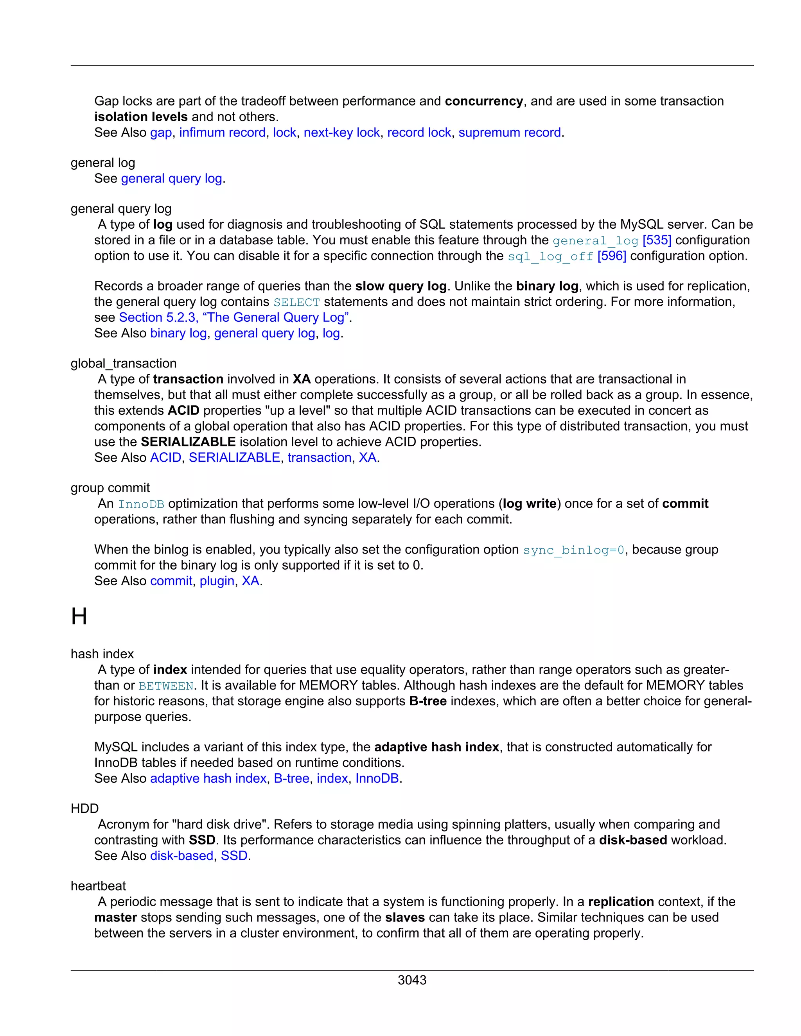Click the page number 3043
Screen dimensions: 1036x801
tap(412, 980)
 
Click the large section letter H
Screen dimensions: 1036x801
tap(79, 617)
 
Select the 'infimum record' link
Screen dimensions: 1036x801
tap(222, 133)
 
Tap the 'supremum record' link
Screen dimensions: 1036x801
tap(510, 133)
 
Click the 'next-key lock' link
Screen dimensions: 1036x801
tap(342, 133)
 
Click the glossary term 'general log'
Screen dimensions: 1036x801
tap(103, 163)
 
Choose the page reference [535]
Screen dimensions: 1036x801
tap(657, 240)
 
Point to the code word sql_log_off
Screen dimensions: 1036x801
tap(550, 256)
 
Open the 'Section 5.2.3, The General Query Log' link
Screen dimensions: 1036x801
tap(234, 317)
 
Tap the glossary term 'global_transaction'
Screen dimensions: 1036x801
tap(123, 363)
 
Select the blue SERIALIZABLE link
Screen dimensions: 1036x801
tap(234, 457)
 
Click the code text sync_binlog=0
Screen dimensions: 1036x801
tap(574, 550)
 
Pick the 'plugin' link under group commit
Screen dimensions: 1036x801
tap(217, 581)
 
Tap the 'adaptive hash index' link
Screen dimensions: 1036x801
tap(208, 778)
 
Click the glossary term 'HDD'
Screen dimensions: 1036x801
tap(84, 808)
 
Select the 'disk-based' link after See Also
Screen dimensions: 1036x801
tap(182, 856)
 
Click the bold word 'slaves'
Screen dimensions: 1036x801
tap(404, 918)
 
